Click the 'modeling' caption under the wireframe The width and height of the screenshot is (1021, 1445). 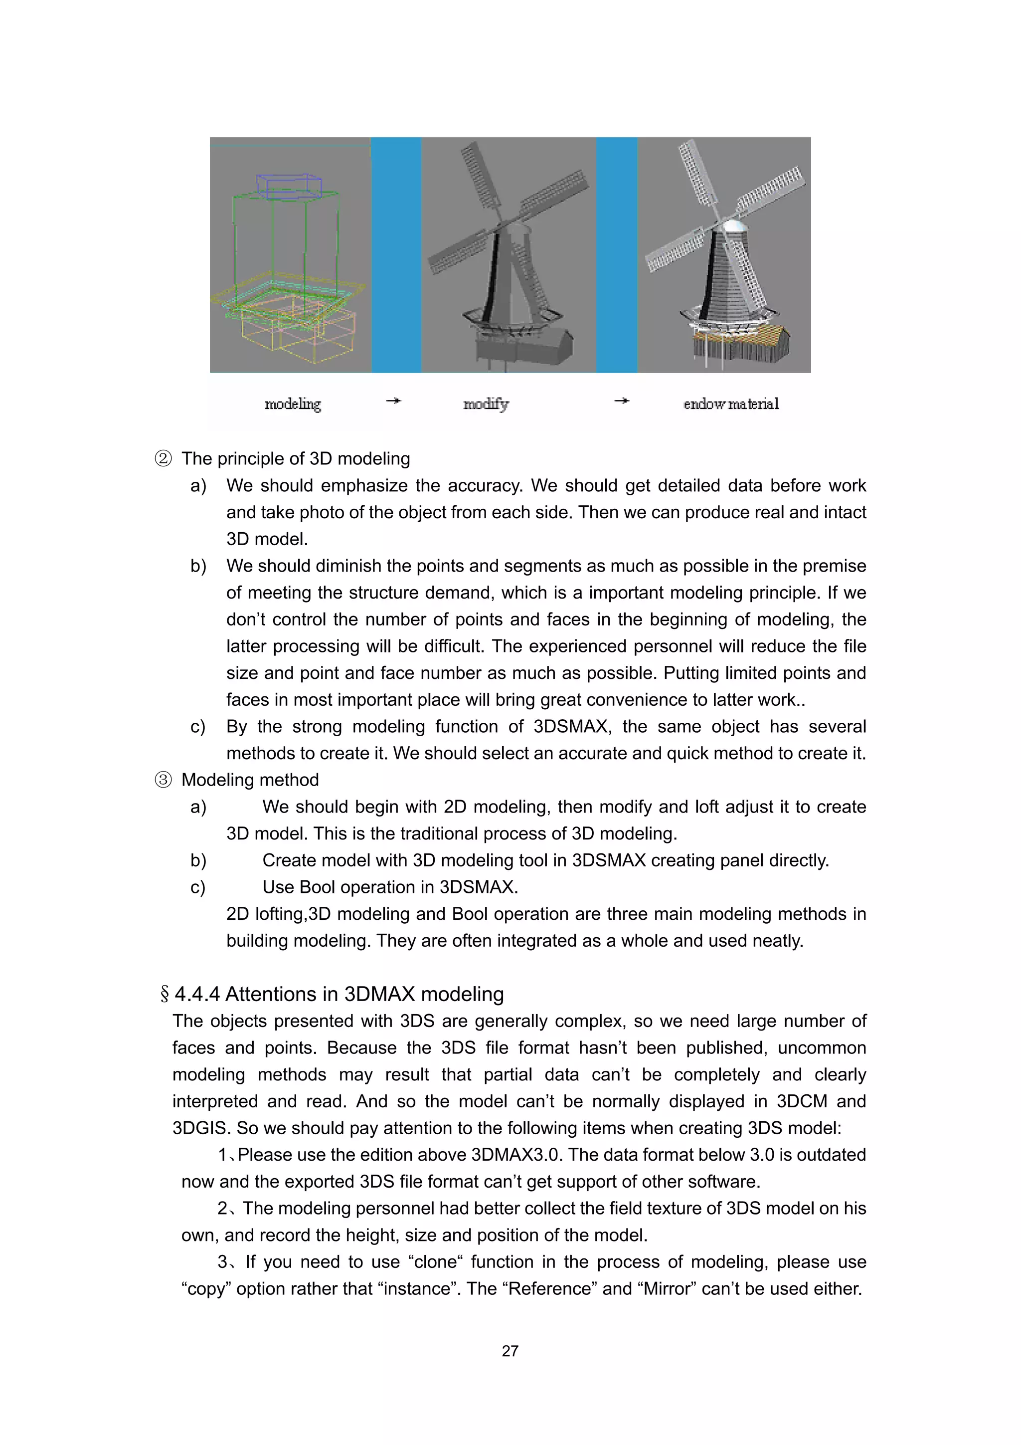[293, 404]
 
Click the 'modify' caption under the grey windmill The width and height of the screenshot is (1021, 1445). [486, 404]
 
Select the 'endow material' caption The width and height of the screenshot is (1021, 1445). [731, 404]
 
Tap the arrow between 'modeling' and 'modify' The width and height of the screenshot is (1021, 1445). [393, 400]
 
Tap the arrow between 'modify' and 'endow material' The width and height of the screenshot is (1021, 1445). [622, 400]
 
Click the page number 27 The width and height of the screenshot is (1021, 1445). [510, 1351]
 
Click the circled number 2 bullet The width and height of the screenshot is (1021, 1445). [163, 459]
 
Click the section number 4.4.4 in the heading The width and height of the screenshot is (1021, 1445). [197, 995]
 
